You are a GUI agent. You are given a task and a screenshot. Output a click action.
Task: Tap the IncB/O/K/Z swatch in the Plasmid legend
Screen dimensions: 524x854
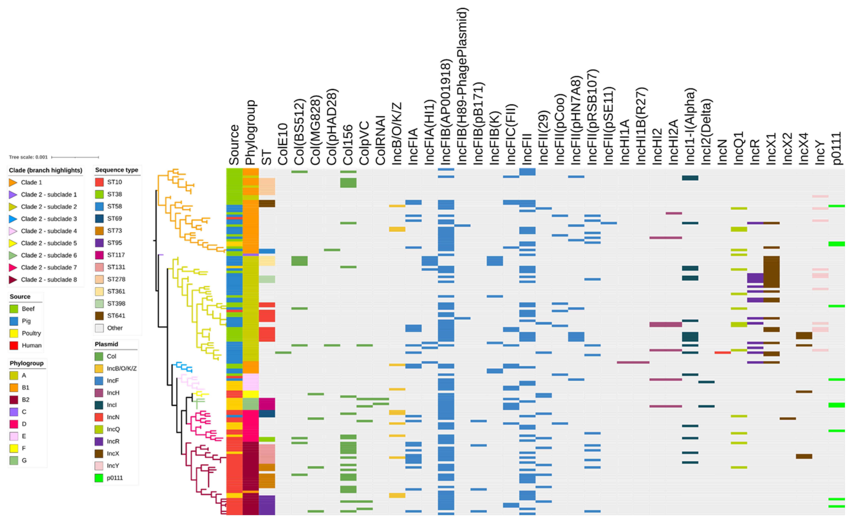99,368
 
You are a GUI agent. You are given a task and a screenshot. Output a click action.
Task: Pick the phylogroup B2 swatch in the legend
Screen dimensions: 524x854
14,400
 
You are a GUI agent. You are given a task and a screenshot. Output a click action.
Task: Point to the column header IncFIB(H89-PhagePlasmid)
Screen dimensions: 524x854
462,87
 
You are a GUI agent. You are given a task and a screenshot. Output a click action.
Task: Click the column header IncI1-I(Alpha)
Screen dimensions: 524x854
690,127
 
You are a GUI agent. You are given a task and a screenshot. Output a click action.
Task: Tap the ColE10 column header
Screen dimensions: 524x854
283,144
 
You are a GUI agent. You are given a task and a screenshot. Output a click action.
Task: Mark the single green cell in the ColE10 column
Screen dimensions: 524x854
283,353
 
